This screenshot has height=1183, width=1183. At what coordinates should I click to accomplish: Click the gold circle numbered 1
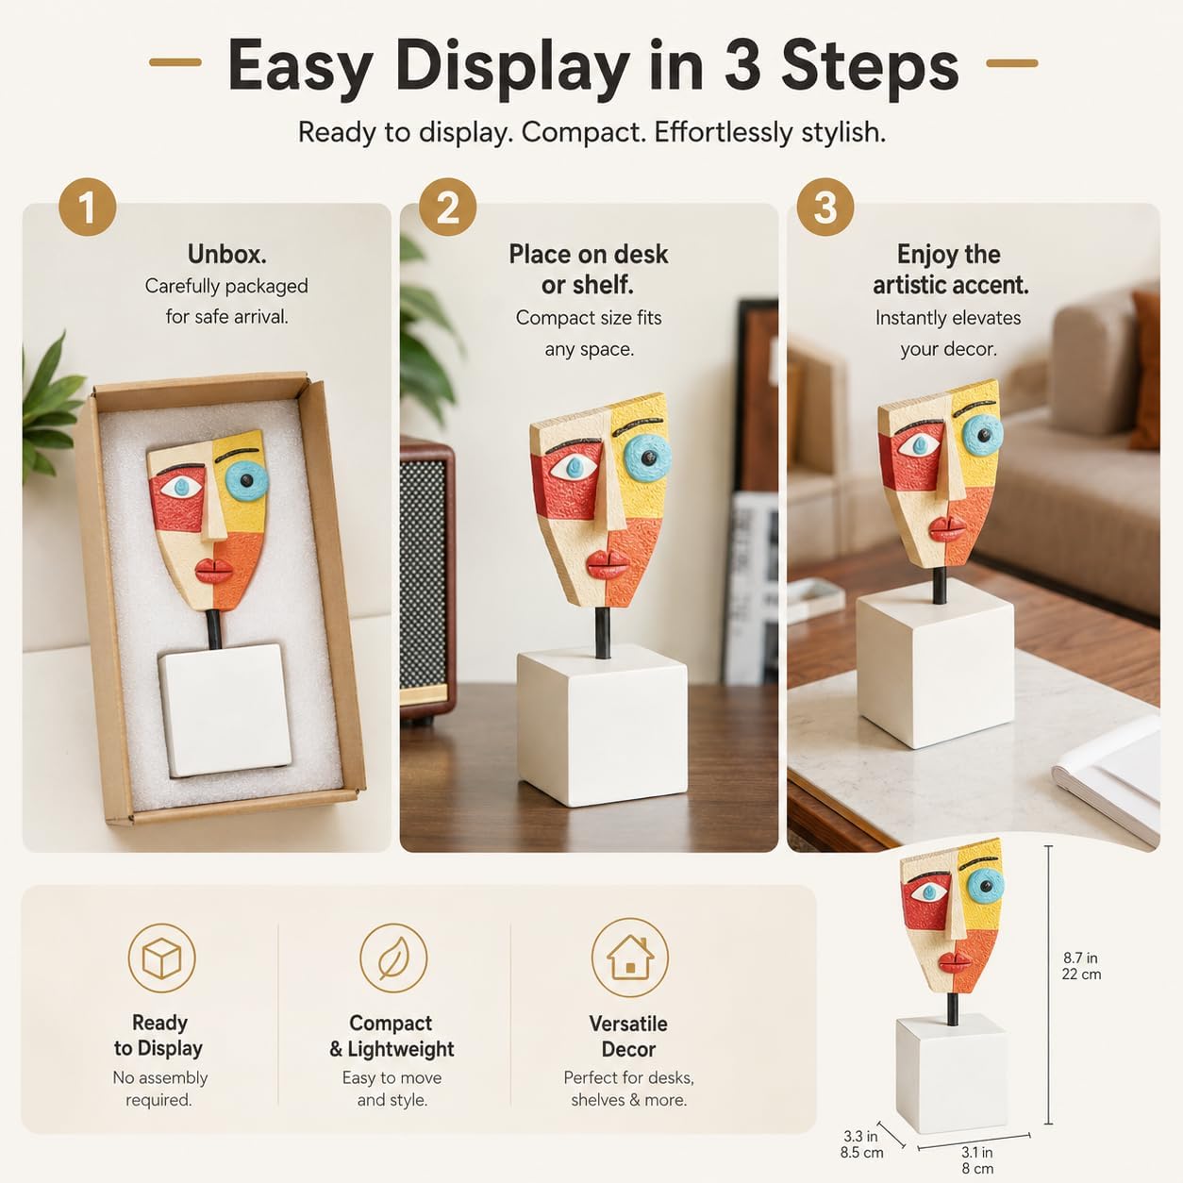pyautogui.click(x=87, y=208)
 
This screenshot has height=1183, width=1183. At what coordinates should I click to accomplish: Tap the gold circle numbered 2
pyautogui.click(x=447, y=208)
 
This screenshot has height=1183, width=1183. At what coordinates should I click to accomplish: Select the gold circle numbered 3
pyautogui.click(x=825, y=208)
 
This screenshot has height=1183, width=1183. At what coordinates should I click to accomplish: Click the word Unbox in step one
pyautogui.click(x=226, y=254)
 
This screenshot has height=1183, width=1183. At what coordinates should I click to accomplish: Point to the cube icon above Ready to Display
pyautogui.click(x=161, y=958)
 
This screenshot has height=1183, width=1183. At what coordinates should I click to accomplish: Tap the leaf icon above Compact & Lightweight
pyautogui.click(x=392, y=958)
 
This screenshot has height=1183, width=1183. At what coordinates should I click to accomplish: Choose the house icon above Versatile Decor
pyautogui.click(x=629, y=958)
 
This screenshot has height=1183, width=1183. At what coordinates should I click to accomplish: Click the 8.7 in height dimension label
pyautogui.click(x=1081, y=966)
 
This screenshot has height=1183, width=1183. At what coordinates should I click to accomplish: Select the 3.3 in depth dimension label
pyautogui.click(x=861, y=1144)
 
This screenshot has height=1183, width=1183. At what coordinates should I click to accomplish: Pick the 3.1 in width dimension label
pyautogui.click(x=977, y=1159)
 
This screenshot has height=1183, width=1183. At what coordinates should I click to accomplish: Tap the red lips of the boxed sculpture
pyautogui.click(x=213, y=572)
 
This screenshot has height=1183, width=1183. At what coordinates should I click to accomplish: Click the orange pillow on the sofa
pyautogui.click(x=1145, y=370)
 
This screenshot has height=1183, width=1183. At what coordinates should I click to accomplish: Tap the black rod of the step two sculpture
pyautogui.click(x=602, y=633)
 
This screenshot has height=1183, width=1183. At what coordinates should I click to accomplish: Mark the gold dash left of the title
pyautogui.click(x=175, y=62)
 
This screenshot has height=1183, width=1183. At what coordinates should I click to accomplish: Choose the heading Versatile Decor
pyautogui.click(x=628, y=1037)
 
